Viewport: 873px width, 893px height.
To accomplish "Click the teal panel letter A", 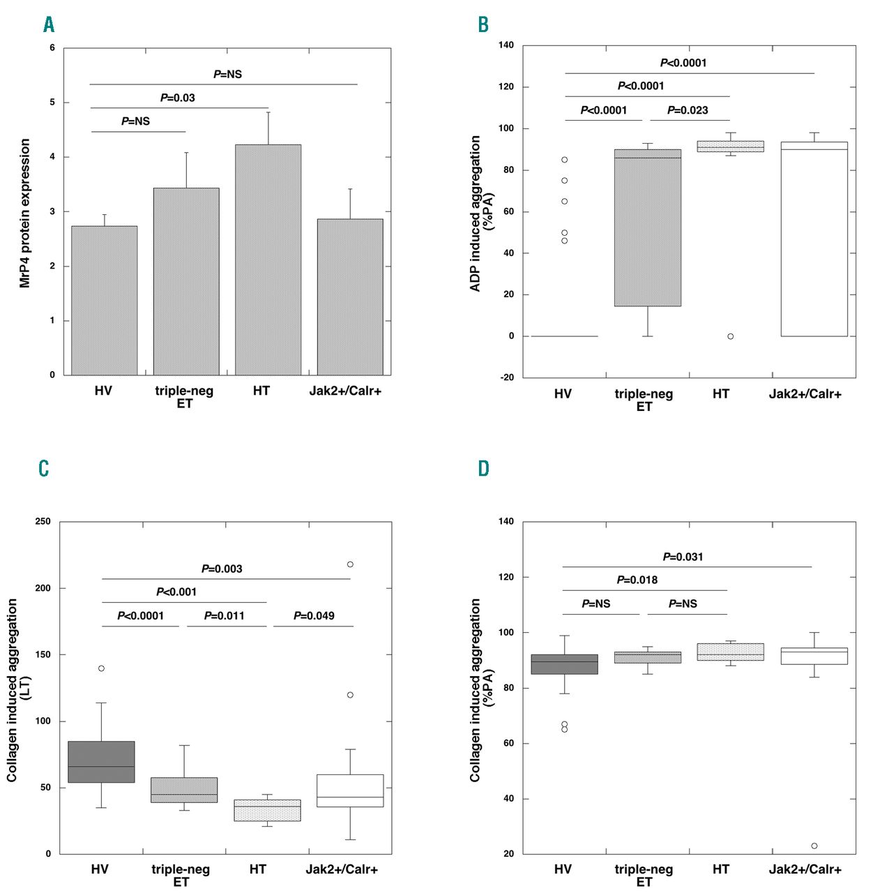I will click(x=49, y=24).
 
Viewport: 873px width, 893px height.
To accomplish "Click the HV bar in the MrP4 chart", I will click(x=104, y=300).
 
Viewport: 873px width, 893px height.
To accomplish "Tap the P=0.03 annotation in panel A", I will click(x=177, y=98).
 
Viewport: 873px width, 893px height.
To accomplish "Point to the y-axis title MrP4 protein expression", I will click(x=25, y=213).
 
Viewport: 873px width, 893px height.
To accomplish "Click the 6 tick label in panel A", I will click(x=52, y=48).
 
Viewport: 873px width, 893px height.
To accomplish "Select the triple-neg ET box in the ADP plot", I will click(x=647, y=227).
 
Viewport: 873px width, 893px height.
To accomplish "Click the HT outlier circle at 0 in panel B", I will click(x=730, y=336).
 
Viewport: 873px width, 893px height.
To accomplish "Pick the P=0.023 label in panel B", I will click(x=688, y=110).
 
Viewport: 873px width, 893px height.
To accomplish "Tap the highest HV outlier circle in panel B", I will click(x=564, y=160).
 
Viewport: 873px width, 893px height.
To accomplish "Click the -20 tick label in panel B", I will click(x=507, y=377).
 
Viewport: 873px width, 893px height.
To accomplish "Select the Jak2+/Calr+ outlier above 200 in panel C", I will click(x=350, y=564).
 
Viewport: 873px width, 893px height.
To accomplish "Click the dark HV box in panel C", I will click(x=102, y=762).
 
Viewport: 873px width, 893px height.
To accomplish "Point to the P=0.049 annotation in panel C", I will click(x=314, y=616).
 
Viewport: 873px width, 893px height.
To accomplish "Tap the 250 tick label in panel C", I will click(x=43, y=522).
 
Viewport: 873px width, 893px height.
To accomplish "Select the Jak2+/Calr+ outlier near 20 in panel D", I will click(x=814, y=846).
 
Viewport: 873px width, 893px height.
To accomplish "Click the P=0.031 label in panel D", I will click(x=683, y=557).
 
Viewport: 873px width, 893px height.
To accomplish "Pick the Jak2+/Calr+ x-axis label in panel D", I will click(x=805, y=869).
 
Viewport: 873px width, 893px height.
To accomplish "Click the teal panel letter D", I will click(x=483, y=467).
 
